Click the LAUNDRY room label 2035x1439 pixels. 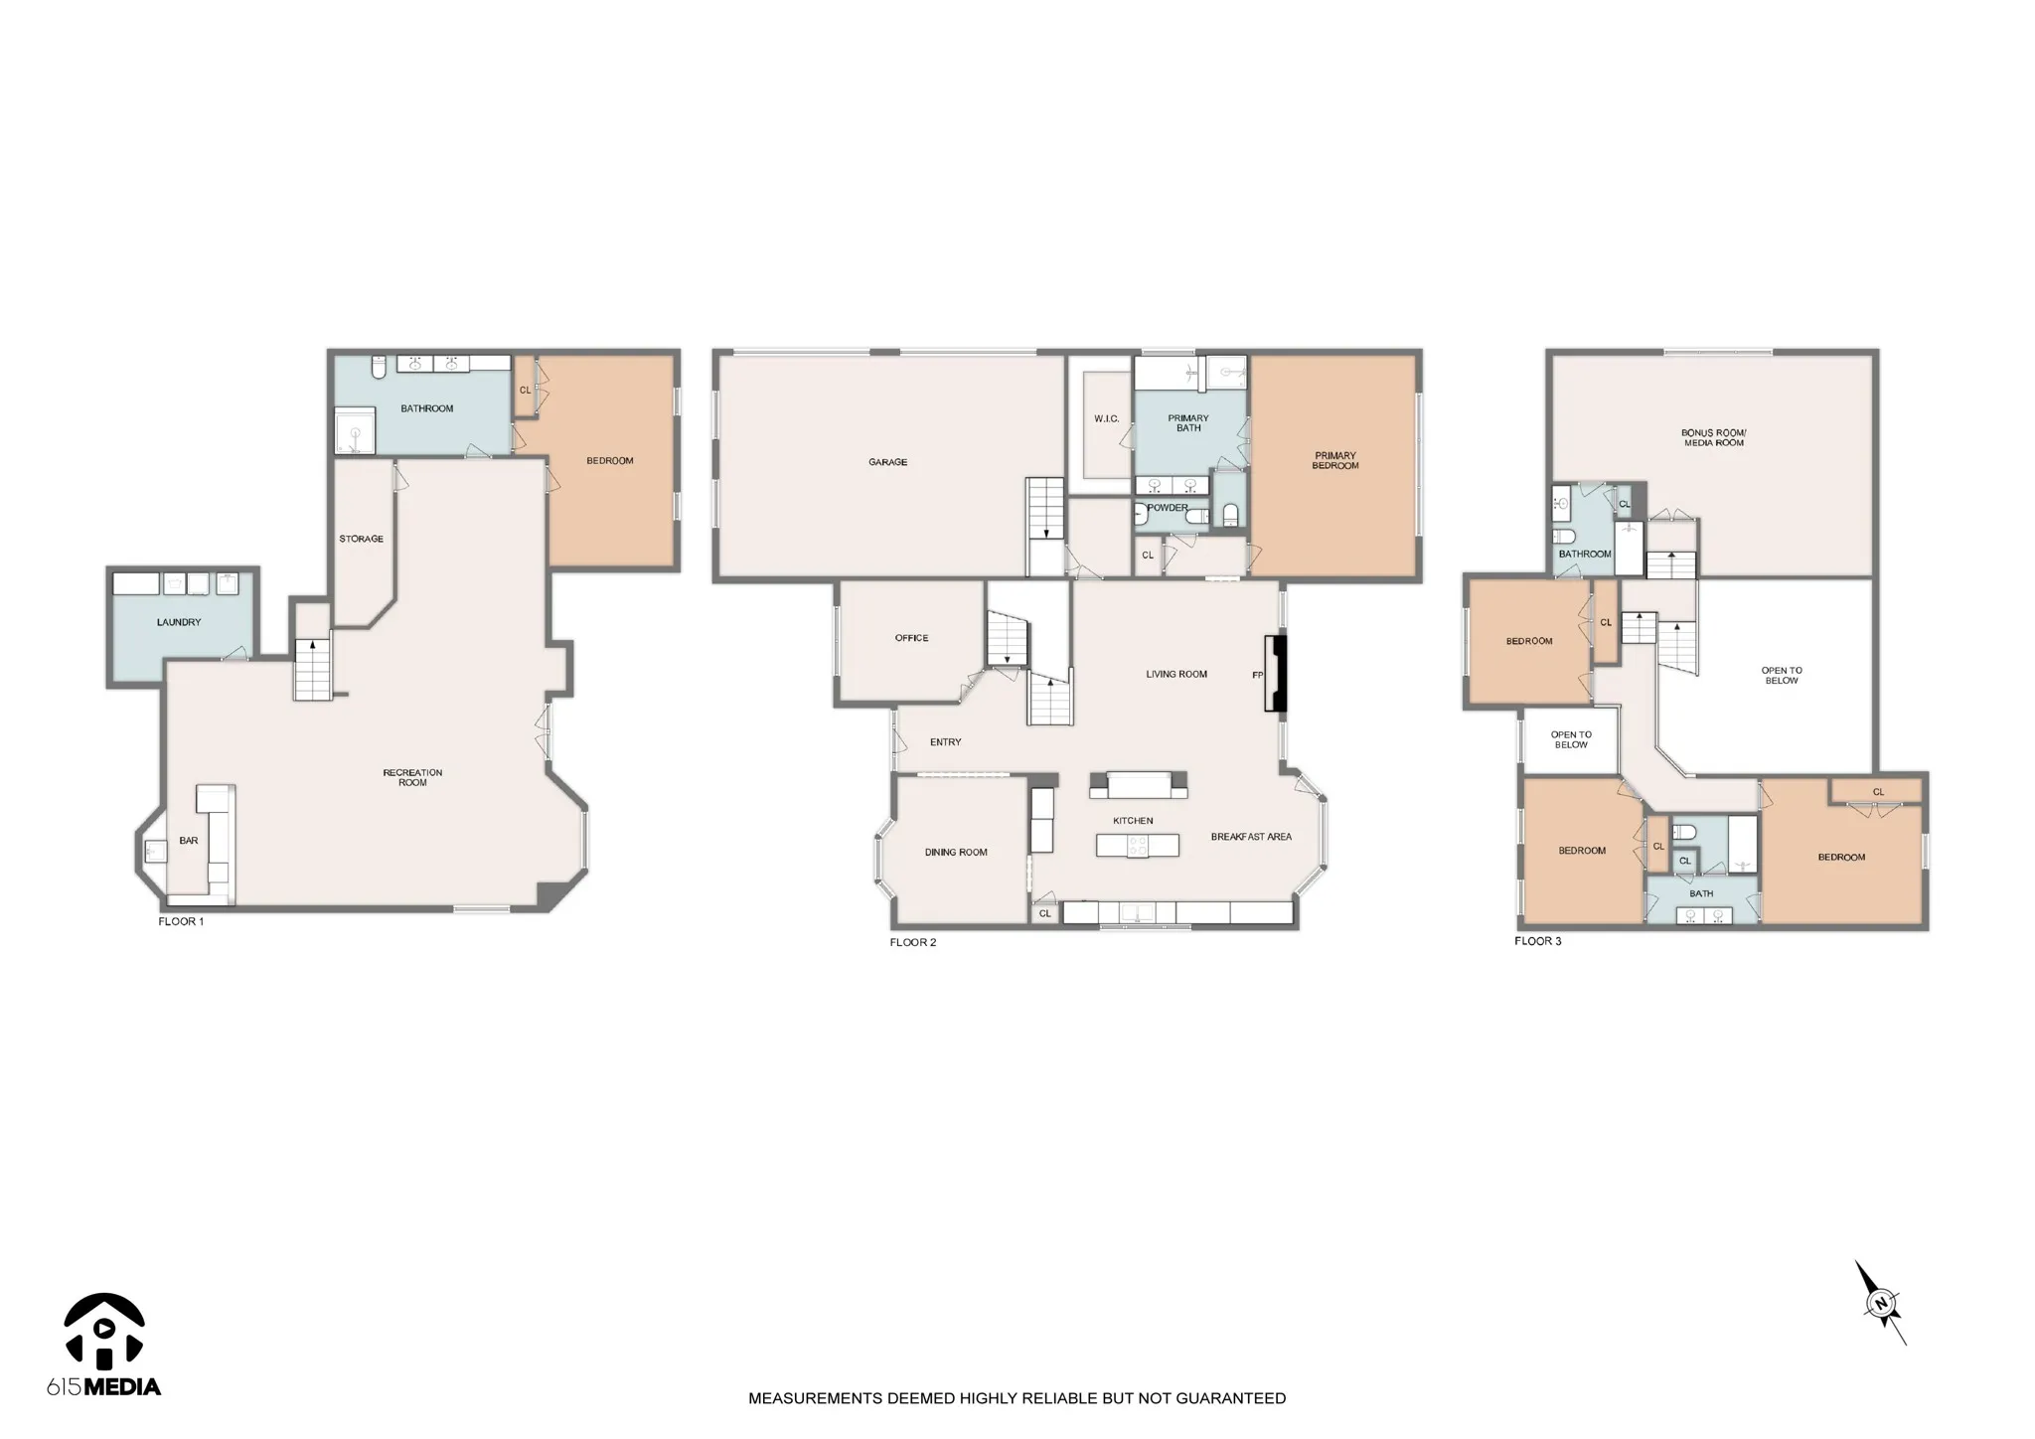(x=179, y=622)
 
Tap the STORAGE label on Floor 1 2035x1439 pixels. (x=361, y=539)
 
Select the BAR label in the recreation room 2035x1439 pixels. (x=189, y=841)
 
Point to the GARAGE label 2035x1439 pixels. (x=887, y=462)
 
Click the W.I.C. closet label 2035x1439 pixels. (x=1107, y=419)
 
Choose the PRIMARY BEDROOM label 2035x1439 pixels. (x=1334, y=461)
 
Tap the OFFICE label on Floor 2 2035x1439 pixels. (x=911, y=638)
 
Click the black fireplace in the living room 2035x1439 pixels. (x=1275, y=674)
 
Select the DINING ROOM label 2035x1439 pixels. (x=956, y=853)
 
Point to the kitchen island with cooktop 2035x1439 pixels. (x=1138, y=846)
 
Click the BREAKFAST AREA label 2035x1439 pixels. (x=1251, y=837)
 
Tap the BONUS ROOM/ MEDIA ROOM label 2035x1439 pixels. (x=1714, y=438)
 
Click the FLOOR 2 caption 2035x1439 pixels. (x=913, y=942)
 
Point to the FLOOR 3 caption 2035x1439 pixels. (x=1537, y=941)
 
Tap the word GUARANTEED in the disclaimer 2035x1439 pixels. (x=1231, y=1398)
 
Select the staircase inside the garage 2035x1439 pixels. (x=1045, y=527)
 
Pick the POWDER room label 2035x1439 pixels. (x=1168, y=508)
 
